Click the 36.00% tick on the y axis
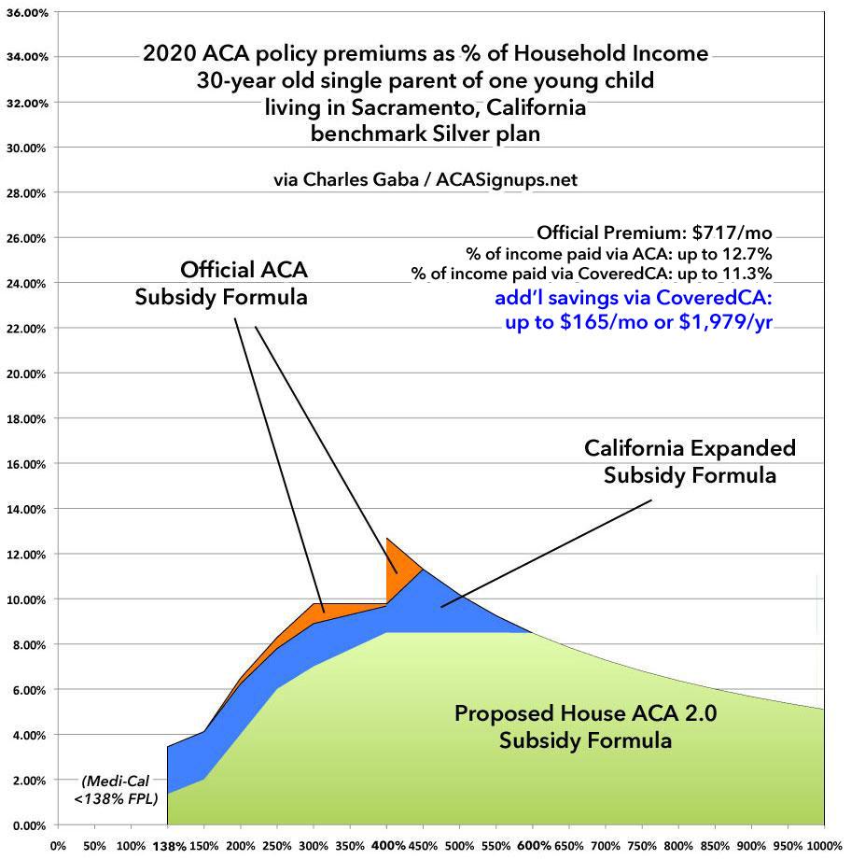coord(29,12)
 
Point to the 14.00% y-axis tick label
coord(29,509)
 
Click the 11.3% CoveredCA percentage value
coord(754,273)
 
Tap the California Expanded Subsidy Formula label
coord(690,461)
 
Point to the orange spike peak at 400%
coord(387,539)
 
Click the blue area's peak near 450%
coord(424,570)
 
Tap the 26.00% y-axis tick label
coord(29,238)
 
